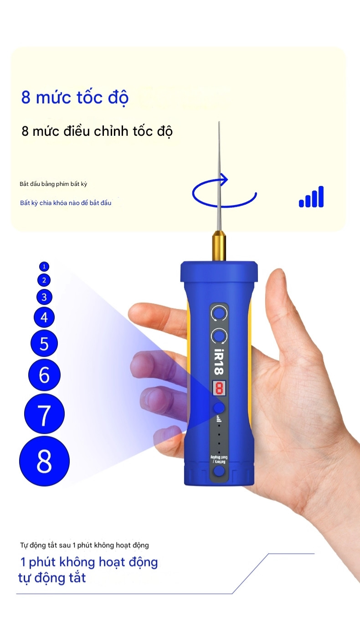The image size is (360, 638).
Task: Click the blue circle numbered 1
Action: tap(44, 266)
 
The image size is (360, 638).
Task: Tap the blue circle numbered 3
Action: tap(44, 297)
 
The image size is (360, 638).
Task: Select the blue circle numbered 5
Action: tap(44, 343)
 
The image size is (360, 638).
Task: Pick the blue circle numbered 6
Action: tap(44, 375)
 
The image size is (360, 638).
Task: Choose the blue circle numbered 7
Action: tap(44, 414)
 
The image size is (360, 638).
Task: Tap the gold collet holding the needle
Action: tap(219, 247)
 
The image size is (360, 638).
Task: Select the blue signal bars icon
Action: tap(311, 197)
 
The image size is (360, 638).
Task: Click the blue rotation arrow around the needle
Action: tap(224, 193)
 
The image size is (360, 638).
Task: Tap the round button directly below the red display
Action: tap(219, 408)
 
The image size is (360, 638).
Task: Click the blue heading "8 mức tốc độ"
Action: tap(75, 98)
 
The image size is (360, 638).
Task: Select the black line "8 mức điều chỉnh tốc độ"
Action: tap(97, 131)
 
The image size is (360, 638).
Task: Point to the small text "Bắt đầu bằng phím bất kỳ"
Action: tap(53, 184)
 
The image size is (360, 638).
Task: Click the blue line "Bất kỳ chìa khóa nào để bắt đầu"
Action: tap(66, 203)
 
